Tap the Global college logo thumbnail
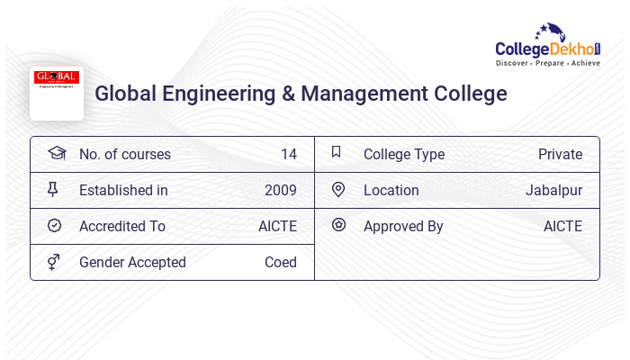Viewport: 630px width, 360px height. pos(57,93)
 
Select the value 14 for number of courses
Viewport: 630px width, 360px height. pos(288,154)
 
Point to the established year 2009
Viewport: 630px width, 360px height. pos(280,190)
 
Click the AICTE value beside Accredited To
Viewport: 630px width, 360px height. pos(277,226)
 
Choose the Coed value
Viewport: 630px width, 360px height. pos(280,262)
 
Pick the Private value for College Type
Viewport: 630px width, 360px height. pos(560,154)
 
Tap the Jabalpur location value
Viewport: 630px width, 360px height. pos(553,190)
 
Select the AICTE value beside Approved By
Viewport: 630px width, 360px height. pos(562,226)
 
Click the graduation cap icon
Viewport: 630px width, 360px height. pos(56,153)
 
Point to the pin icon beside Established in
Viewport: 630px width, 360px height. pos(53,189)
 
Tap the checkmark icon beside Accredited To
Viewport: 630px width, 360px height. pos(54,225)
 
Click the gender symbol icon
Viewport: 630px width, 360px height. pos(53,262)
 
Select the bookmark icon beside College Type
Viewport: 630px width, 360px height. pos(336,152)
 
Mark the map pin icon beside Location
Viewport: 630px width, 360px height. pos(338,189)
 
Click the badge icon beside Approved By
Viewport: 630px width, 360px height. pos(338,225)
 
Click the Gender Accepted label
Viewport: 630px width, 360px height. pos(132,262)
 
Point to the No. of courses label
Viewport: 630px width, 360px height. pos(124,154)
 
